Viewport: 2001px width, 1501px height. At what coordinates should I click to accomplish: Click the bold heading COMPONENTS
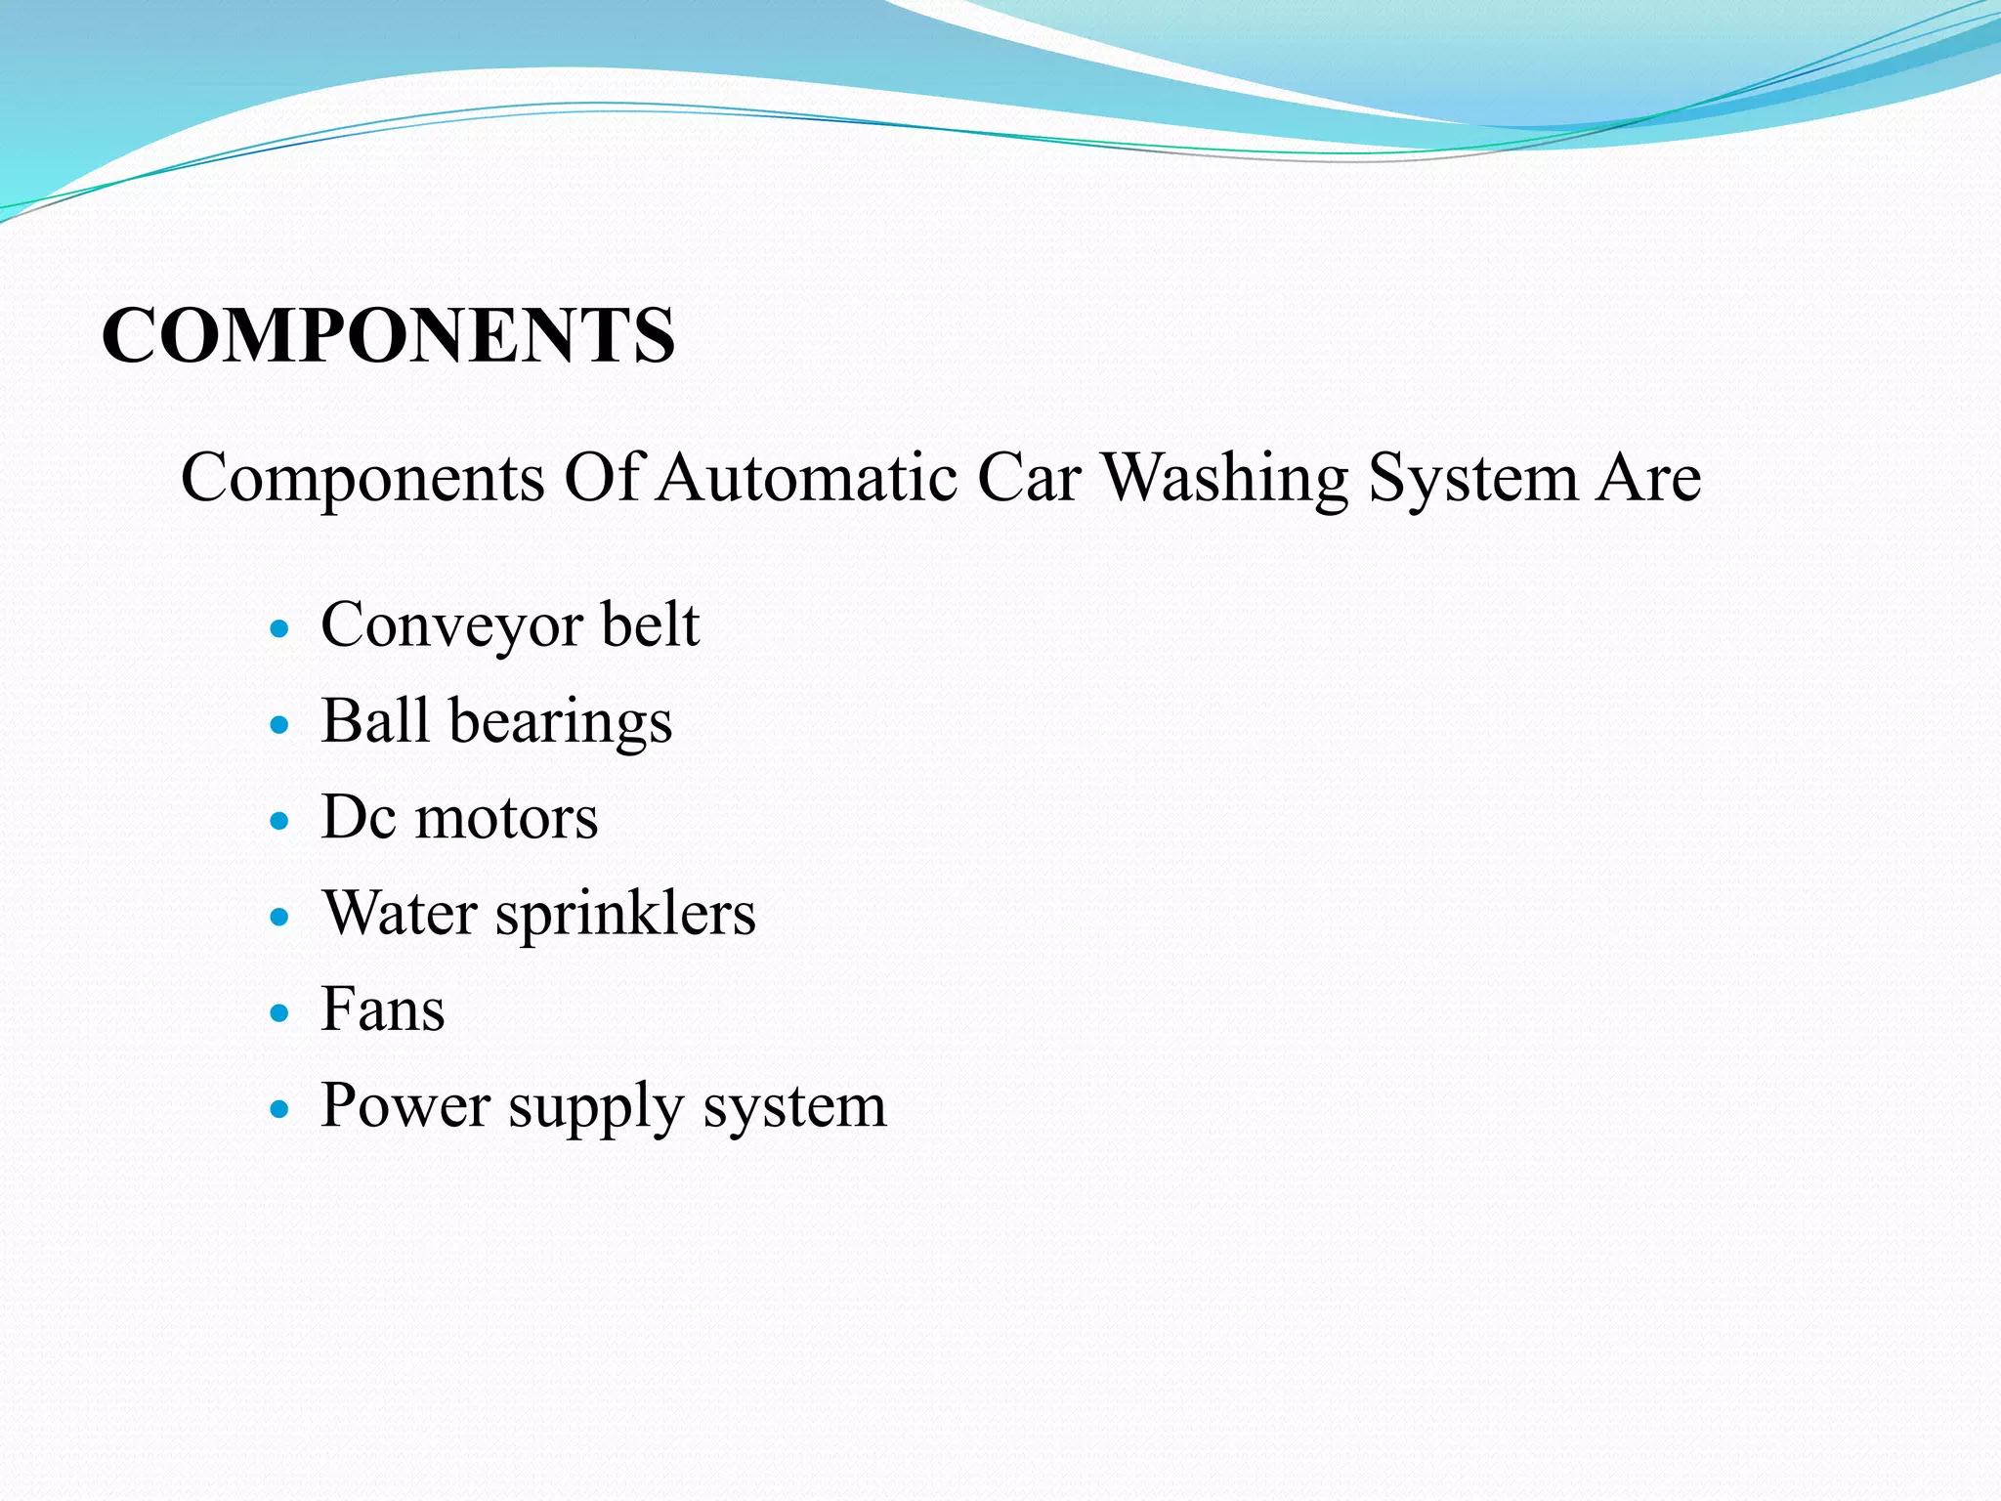(x=388, y=335)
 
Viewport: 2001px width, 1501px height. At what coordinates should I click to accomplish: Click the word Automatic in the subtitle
(x=807, y=478)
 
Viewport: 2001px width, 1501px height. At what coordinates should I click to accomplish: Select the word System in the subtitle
(x=1472, y=480)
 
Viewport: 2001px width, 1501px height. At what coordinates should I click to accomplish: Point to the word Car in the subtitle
(x=1029, y=478)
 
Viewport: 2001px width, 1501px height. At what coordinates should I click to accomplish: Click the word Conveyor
(x=451, y=626)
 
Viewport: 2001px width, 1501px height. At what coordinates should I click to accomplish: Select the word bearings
(x=561, y=723)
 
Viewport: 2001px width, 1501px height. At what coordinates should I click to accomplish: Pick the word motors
(x=506, y=817)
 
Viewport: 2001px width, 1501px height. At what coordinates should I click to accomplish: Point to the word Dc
(x=358, y=817)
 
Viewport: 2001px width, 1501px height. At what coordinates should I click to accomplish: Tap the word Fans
(x=383, y=1008)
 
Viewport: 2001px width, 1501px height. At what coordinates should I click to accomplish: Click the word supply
(x=595, y=1108)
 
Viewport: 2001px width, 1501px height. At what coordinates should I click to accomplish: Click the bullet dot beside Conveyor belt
(x=280, y=628)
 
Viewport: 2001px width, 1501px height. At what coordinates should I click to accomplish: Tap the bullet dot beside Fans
(x=280, y=1013)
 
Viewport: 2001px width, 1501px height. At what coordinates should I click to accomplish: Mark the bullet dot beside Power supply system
(x=280, y=1110)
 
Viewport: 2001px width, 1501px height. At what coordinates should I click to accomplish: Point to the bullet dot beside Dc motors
(x=280, y=821)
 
